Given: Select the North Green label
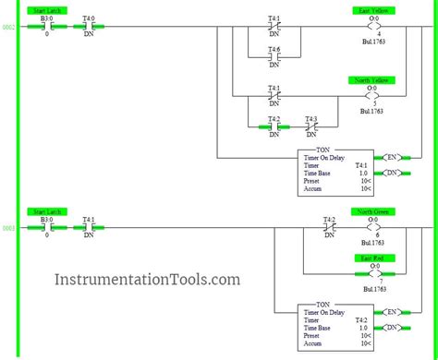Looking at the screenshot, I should coord(372,212).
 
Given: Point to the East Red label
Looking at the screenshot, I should coord(372,258).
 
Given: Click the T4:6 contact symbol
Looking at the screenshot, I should coord(274,57).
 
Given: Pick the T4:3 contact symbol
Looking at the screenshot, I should coord(310,126).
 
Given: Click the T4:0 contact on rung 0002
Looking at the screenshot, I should coord(89,27).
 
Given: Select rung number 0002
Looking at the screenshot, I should coord(8,28).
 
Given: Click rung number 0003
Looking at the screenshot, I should coord(8,228).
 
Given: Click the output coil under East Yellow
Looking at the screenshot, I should coord(372,27).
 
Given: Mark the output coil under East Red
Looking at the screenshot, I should coord(372,274).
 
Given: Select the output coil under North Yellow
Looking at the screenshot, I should coord(372,96).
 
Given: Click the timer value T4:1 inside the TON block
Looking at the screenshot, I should coord(361,166).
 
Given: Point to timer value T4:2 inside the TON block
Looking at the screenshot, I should coord(361,319).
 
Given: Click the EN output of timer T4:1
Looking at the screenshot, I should coord(392,157).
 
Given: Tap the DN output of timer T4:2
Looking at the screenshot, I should coord(392,327).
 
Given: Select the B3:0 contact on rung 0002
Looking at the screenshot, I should coord(46,27).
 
